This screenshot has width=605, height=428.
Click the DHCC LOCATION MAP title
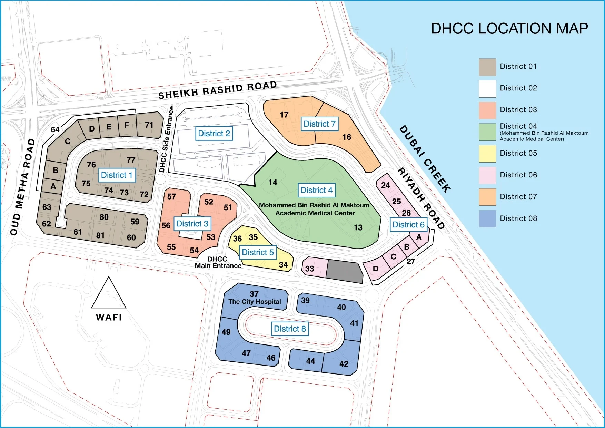(509, 29)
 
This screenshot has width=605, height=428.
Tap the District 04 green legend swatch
(487, 132)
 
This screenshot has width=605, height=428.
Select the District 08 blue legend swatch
(487, 218)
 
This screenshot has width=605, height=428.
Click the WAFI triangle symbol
(109, 294)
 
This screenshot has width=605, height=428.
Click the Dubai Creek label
(425, 159)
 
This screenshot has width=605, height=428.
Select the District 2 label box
(214, 134)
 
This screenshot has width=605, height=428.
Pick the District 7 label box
(319, 124)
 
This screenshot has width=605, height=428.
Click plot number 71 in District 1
(149, 125)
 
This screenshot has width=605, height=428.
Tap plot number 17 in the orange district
(284, 115)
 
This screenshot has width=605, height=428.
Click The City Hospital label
(255, 301)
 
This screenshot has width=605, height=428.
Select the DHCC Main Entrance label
(218, 262)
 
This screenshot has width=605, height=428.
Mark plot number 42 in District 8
(344, 364)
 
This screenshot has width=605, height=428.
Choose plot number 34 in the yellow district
(283, 265)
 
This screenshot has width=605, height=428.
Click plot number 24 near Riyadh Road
(385, 185)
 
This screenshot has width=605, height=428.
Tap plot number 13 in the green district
(358, 227)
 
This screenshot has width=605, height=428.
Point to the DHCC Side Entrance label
(167, 139)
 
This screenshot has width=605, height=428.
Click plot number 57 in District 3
(171, 197)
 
